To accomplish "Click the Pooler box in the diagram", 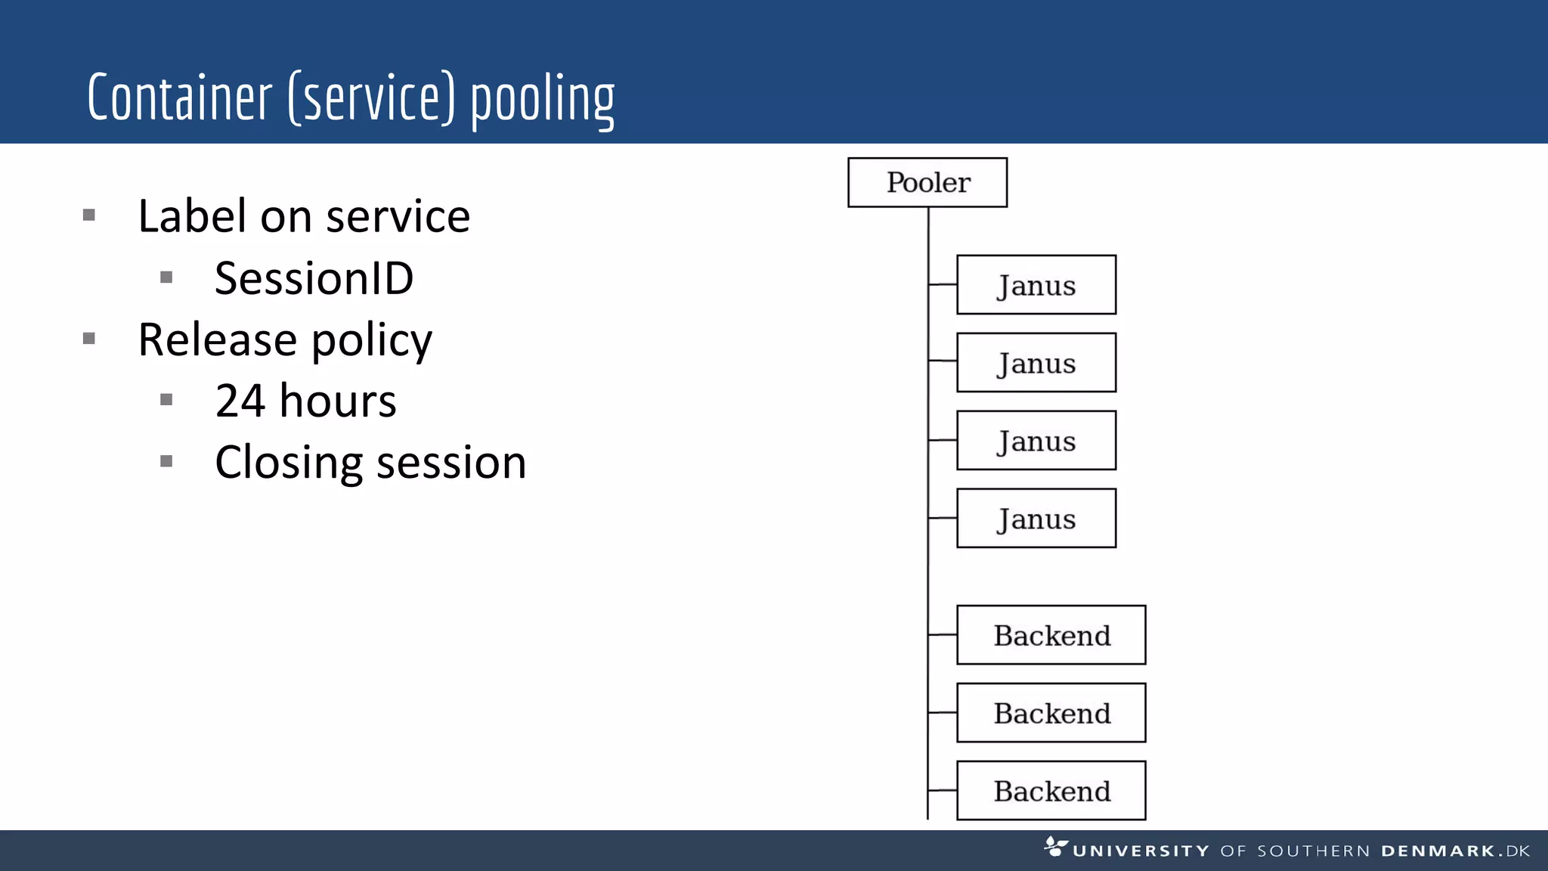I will [x=927, y=182].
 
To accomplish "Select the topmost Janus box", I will [x=1036, y=285].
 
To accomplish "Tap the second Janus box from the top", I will [x=1036, y=363].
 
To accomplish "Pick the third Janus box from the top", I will [x=1036, y=441].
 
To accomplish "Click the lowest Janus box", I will [x=1036, y=519].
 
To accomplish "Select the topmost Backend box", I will [x=1051, y=635].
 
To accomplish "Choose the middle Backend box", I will [x=1051, y=713].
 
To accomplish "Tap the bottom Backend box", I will [x=1051, y=791].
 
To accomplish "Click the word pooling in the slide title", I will [x=543, y=101].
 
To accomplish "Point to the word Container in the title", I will [x=179, y=98].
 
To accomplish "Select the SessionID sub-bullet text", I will [x=314, y=278].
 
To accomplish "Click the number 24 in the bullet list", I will [x=240, y=401].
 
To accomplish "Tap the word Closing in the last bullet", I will [x=289, y=463].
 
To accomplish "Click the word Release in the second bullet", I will [x=218, y=339].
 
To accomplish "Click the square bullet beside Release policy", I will [x=89, y=339].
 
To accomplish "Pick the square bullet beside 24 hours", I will [x=167, y=400].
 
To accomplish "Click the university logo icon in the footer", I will [x=1055, y=846].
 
